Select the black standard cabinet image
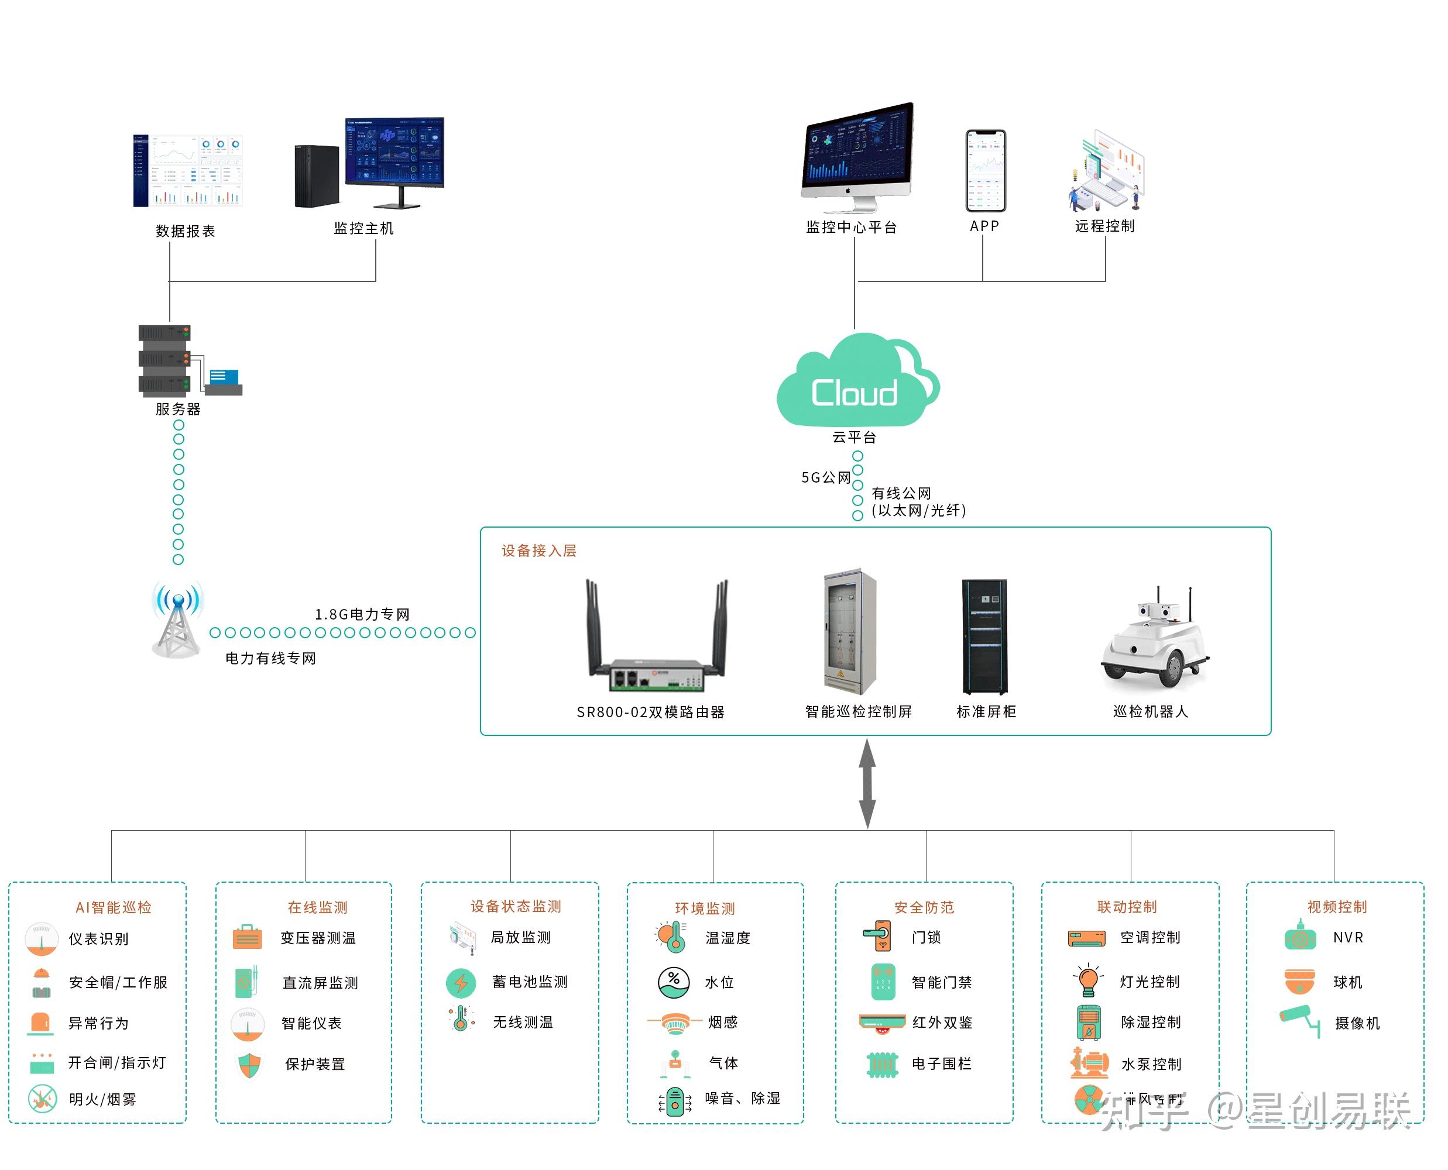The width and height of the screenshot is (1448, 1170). click(984, 637)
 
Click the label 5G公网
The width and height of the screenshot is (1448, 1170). click(825, 478)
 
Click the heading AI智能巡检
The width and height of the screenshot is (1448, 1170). click(113, 908)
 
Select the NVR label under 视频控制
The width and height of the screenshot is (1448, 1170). click(1349, 938)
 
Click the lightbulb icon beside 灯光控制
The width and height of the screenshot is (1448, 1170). click(1087, 981)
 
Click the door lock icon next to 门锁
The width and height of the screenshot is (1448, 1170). click(878, 937)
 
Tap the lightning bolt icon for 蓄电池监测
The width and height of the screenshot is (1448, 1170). click(461, 983)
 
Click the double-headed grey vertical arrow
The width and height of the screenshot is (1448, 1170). click(867, 784)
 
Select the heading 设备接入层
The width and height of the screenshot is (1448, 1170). click(538, 551)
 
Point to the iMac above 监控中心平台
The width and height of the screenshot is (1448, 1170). click(857, 156)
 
